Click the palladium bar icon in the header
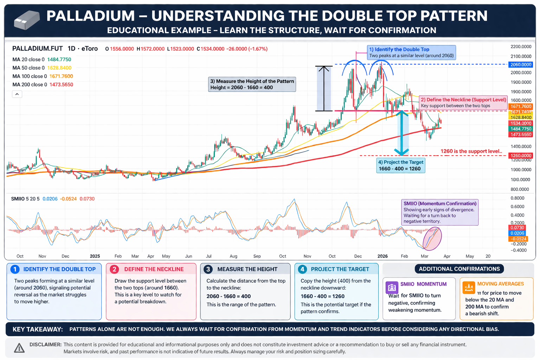click(27, 20)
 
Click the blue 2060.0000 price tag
click(521, 65)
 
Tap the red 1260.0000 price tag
click(521, 156)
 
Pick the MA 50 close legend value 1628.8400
click(59, 68)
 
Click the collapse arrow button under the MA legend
click(17, 94)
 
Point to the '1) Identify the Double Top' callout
click(411, 52)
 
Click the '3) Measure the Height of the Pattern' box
click(252, 84)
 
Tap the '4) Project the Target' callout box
click(400, 165)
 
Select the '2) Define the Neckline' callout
click(463, 103)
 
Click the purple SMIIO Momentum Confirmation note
click(440, 212)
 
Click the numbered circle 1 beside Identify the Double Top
click(15, 269)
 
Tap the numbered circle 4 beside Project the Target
click(302, 269)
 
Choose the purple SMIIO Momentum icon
click(392, 288)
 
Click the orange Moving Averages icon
click(469, 287)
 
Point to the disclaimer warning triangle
click(19, 348)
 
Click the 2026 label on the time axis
click(382, 256)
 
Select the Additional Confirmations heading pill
click(459, 269)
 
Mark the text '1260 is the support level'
click(471, 151)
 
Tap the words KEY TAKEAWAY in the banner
click(38, 329)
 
